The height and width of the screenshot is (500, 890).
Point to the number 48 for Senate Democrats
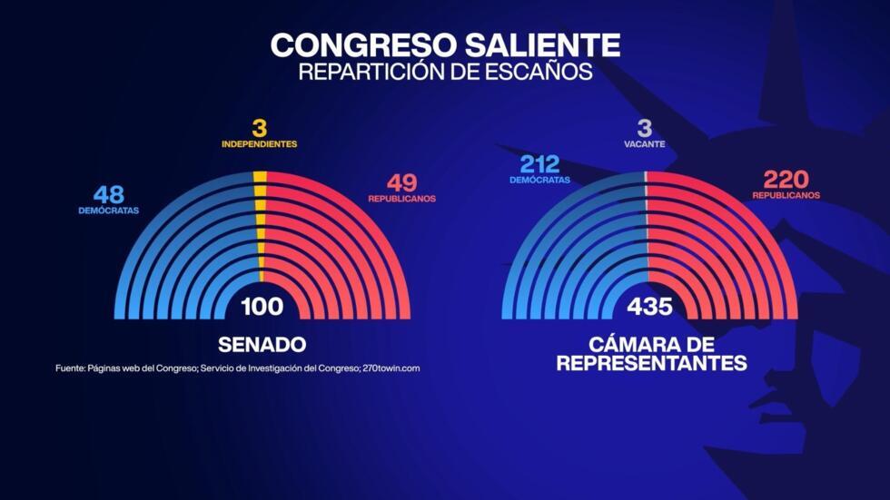click(108, 194)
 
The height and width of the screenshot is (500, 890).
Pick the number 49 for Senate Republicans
click(401, 182)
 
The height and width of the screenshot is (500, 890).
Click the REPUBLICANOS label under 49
click(401, 199)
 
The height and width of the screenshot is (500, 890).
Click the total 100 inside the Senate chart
click(262, 307)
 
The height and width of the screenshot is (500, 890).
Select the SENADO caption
click(262, 345)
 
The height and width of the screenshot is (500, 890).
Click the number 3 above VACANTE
click(644, 127)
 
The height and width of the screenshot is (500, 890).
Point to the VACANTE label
click(644, 144)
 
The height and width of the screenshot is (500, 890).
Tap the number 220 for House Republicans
click(786, 179)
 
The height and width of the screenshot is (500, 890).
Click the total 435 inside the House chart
click(650, 307)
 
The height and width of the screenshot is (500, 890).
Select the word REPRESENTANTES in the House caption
click(651, 364)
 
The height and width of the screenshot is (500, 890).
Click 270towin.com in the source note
click(391, 368)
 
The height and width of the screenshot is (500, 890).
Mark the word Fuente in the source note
click(70, 368)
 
